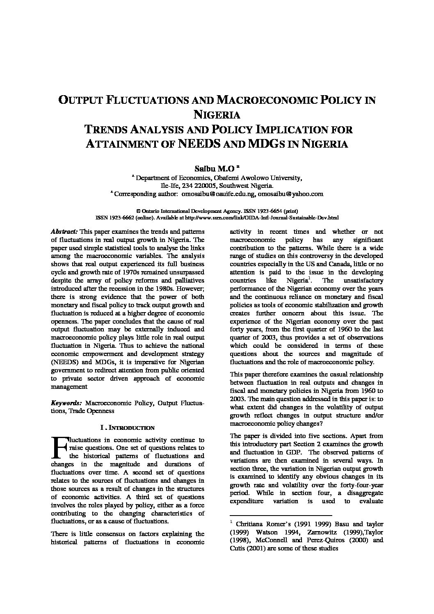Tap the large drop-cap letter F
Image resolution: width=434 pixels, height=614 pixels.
[x=59, y=447]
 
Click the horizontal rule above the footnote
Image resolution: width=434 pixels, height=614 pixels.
[x=281, y=516]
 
